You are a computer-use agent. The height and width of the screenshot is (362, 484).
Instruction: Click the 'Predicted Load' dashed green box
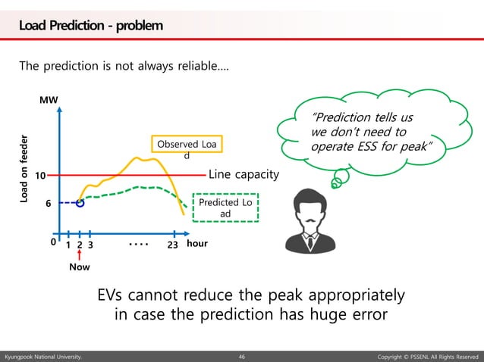225,208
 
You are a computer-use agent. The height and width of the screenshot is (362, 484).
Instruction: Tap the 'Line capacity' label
244,175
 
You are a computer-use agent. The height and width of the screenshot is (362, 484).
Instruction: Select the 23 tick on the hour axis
172,245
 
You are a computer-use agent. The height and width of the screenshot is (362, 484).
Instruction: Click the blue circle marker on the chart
80,203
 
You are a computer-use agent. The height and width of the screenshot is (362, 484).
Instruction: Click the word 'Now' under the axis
79,267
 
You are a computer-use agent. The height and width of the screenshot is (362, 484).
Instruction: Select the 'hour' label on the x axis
196,245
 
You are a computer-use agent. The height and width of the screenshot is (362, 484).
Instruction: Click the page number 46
242,355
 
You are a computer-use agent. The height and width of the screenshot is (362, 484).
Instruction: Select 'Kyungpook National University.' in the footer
42,355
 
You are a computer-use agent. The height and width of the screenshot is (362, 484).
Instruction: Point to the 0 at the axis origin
52,244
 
